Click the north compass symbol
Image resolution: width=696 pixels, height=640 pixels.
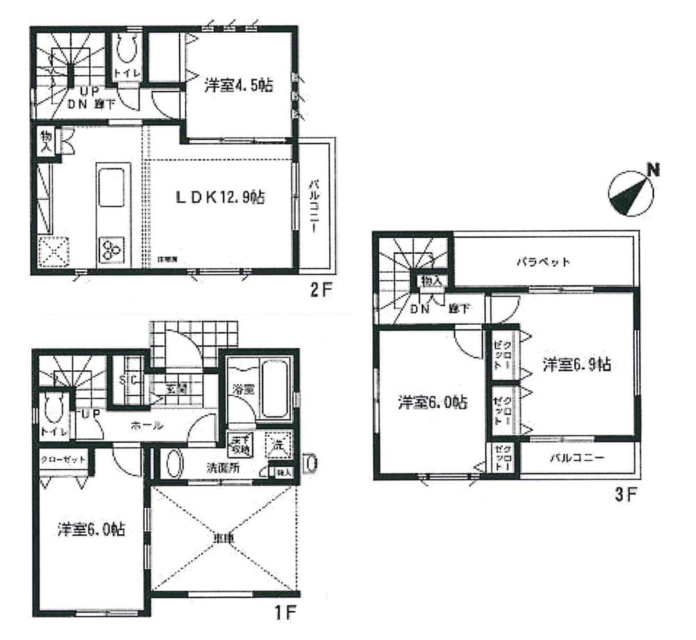click(x=630, y=193)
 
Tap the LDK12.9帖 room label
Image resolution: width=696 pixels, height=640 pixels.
click(x=219, y=197)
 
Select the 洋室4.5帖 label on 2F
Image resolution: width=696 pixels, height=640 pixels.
click(x=238, y=86)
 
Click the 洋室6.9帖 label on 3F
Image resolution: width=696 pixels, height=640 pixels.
click(x=577, y=365)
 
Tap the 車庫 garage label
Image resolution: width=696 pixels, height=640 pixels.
click(x=224, y=538)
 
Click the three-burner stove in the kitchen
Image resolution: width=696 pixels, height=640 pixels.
click(x=112, y=248)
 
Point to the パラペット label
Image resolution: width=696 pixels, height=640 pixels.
click(x=544, y=262)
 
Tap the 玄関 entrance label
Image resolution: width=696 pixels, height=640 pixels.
click(x=176, y=389)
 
